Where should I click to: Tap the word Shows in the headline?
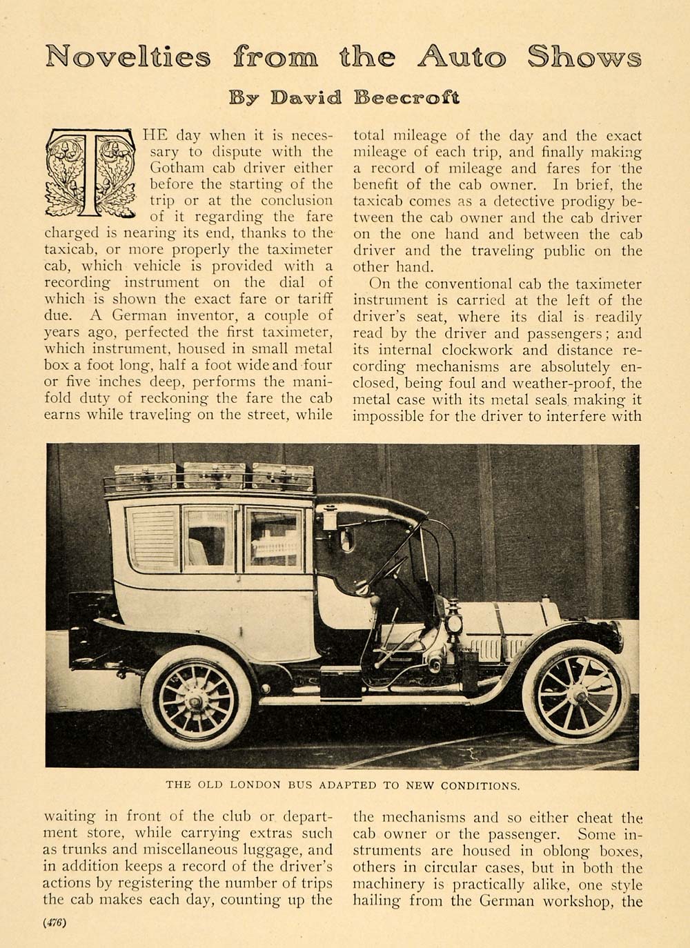[584, 56]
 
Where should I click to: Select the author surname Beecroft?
[406, 97]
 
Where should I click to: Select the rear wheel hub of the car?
[196, 702]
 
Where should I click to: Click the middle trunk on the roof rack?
[214, 476]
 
